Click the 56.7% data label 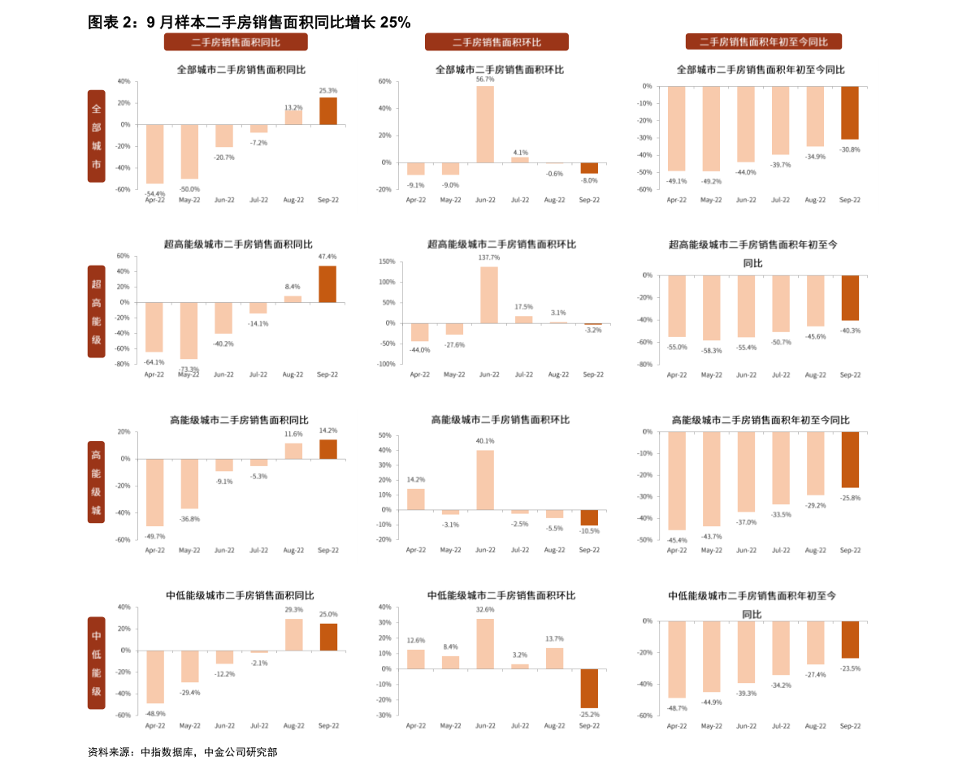point(485,80)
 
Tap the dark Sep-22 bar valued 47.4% point(327,284)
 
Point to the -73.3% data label point(189,370)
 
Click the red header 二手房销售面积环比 point(497,42)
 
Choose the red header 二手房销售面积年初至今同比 point(763,41)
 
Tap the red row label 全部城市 point(97,136)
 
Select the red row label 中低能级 point(97,663)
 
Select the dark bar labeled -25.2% point(589,688)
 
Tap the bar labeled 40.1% point(485,479)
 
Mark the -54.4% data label point(154,194)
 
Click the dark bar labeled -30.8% point(849,113)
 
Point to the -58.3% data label point(711,351)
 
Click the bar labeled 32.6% point(485,643)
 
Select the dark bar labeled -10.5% point(589,517)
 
